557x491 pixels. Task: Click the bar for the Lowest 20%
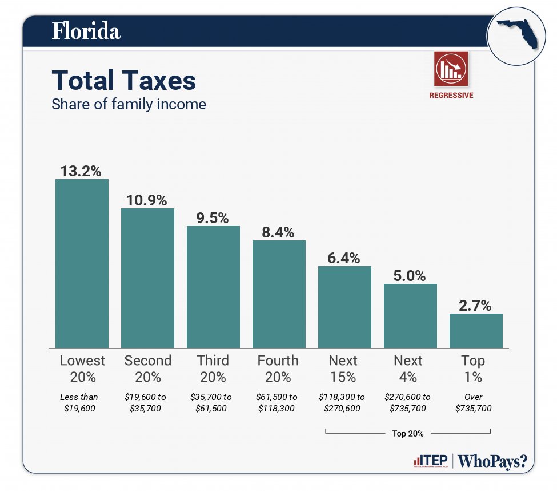tap(82, 263)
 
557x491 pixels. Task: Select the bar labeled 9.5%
tap(213, 287)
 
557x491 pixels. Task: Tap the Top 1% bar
tap(476, 330)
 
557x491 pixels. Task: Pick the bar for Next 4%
tap(410, 315)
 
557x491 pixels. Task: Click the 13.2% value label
tap(81, 171)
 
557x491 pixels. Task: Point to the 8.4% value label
tap(279, 232)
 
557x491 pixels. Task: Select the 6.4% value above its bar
tap(344, 258)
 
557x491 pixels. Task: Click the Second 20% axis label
tap(147, 369)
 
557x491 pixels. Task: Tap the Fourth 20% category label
tap(278, 369)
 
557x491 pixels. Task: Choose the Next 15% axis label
tap(343, 369)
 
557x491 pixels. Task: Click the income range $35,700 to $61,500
tap(213, 402)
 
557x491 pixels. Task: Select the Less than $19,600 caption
tap(79, 402)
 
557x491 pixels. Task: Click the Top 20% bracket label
tap(408, 434)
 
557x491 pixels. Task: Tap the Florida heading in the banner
tap(86, 31)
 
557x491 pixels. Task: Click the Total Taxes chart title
tap(124, 81)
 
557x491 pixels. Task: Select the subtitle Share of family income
tap(129, 105)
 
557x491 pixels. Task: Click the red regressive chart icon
tap(451, 68)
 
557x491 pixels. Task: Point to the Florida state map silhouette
tap(517, 34)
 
